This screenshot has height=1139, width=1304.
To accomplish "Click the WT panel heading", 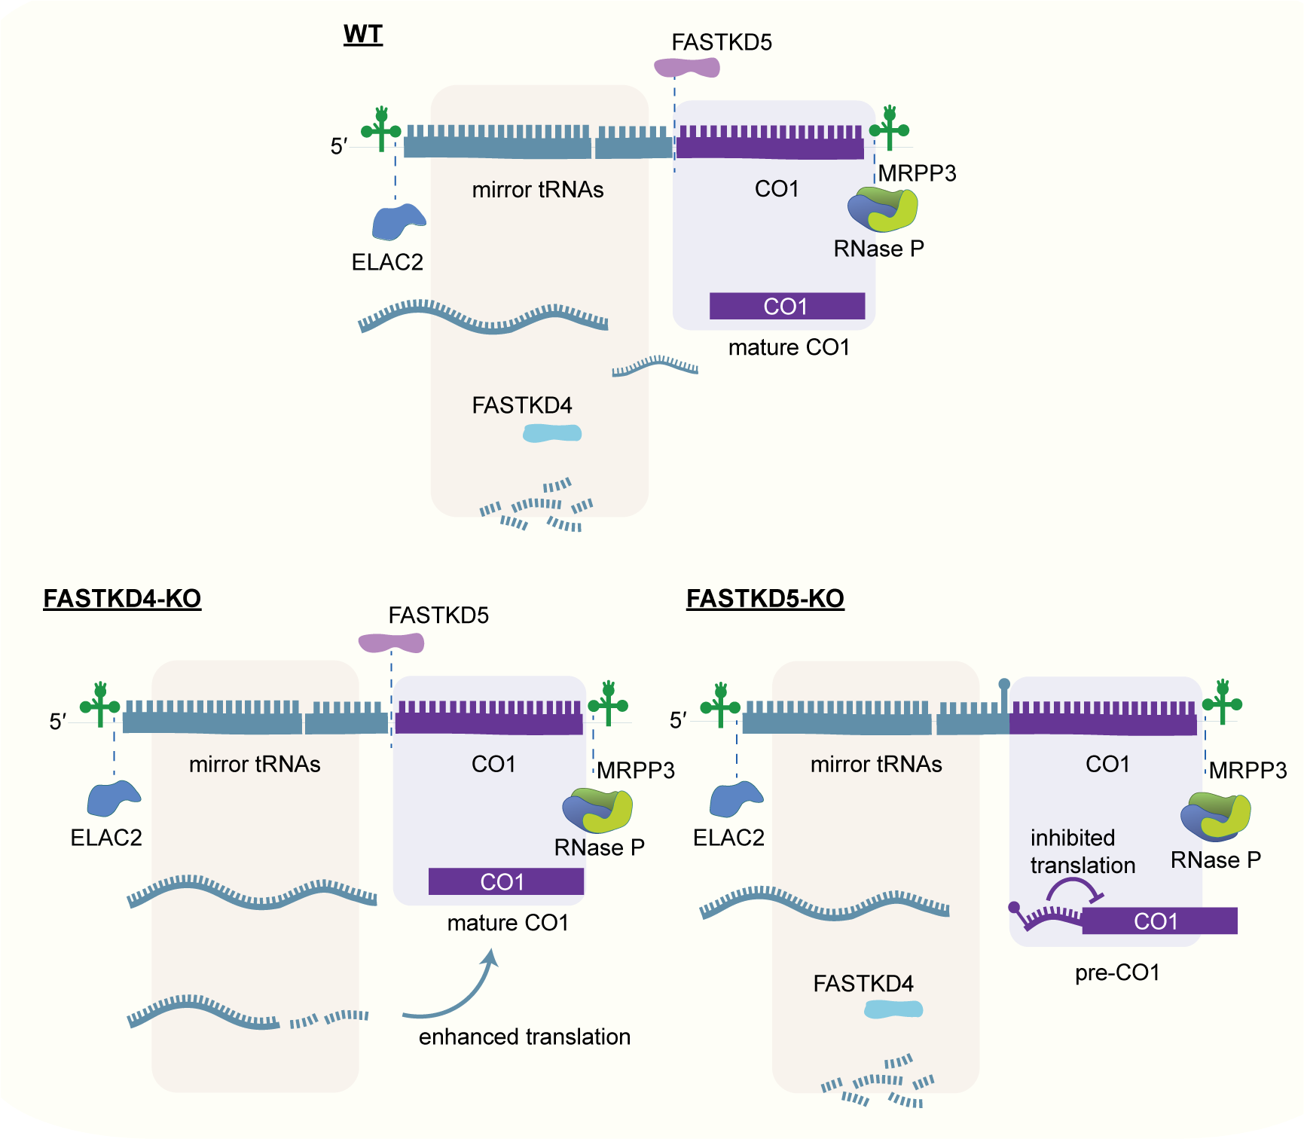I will [x=363, y=35].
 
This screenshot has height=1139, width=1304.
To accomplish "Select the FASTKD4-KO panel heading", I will [x=122, y=598].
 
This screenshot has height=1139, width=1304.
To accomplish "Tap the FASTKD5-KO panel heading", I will [x=765, y=598].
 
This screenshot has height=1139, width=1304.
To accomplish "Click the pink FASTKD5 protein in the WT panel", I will [x=686, y=68].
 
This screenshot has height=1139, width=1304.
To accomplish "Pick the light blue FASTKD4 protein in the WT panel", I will [x=552, y=433].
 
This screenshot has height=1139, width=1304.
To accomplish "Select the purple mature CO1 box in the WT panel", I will [x=786, y=306].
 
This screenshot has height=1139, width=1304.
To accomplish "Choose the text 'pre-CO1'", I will [x=1117, y=973].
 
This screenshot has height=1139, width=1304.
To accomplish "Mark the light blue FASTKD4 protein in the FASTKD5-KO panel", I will [x=893, y=1009].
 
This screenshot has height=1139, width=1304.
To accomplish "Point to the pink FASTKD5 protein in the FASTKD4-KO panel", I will [x=391, y=643].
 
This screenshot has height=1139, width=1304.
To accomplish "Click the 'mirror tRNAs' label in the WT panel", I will [x=538, y=190].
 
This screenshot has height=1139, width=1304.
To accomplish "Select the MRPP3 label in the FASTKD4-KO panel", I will [x=636, y=770].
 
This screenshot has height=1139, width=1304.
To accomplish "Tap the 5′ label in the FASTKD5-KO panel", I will [x=678, y=721].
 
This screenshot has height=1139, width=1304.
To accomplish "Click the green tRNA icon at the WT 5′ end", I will [x=381, y=130].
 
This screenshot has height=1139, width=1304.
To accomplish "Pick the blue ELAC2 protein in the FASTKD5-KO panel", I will [x=735, y=799].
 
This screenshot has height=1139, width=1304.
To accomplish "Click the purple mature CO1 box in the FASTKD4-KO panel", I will [x=505, y=881].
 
